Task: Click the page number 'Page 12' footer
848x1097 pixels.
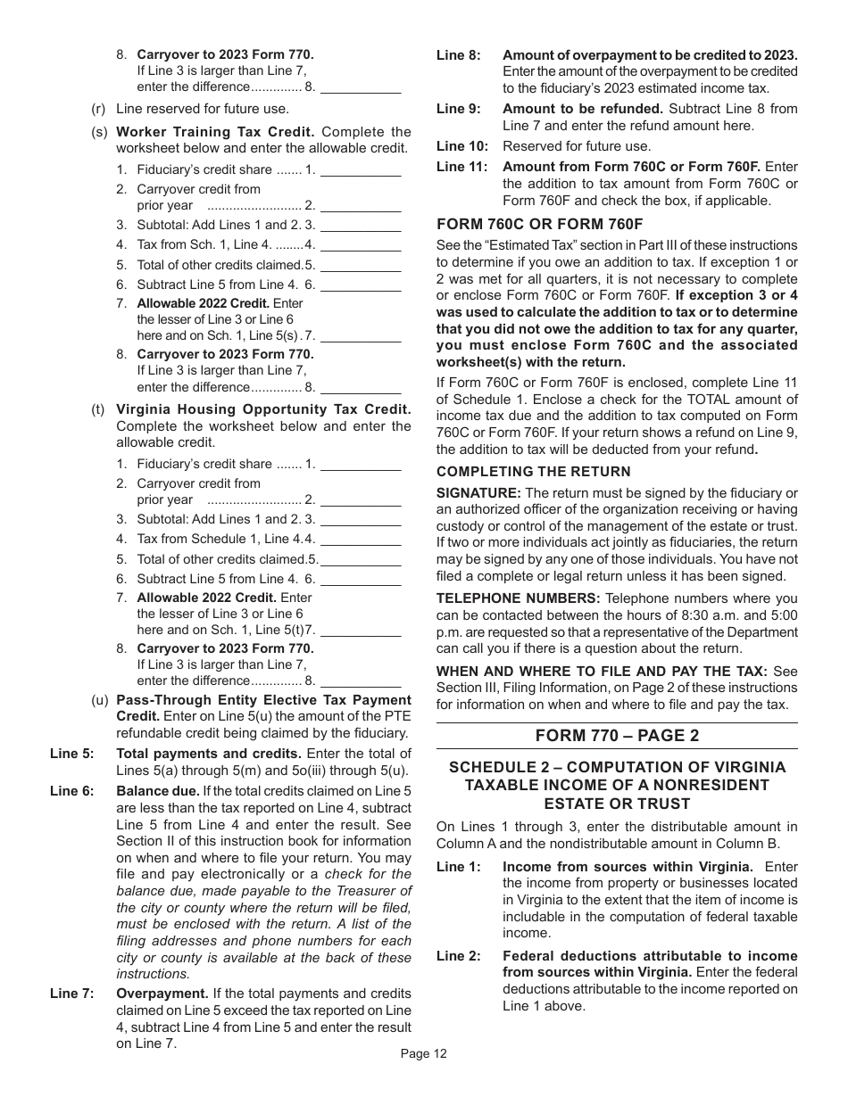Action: point(423,1053)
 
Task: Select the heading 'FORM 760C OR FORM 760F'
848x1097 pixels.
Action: point(539,224)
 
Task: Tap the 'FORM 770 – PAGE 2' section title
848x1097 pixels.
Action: point(617,735)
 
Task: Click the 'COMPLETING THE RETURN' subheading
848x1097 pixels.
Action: point(533,471)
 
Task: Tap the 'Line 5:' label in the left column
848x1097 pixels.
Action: point(71,754)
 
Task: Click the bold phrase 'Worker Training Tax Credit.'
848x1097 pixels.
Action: point(215,132)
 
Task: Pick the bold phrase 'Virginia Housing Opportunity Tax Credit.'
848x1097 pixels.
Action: point(263,409)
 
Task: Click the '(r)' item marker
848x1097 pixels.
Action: point(99,109)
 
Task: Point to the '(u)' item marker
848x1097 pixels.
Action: point(99,700)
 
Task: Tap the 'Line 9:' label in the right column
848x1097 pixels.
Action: point(458,109)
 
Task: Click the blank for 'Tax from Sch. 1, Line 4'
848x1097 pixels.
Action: point(360,245)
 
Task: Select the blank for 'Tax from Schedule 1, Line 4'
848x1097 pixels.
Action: point(360,540)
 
